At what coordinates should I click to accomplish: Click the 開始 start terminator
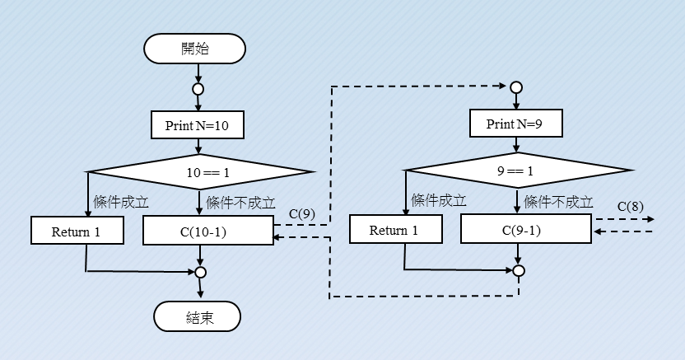[x=195, y=49]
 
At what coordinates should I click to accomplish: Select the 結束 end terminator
[x=197, y=317]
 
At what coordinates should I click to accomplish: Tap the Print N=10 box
[x=198, y=125]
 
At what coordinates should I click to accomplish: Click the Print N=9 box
[x=515, y=125]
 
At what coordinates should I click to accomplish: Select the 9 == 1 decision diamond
[x=519, y=172]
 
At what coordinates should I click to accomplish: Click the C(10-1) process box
[x=207, y=231]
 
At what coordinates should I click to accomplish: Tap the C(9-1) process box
[x=525, y=230]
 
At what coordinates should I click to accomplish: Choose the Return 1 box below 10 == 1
[x=77, y=231]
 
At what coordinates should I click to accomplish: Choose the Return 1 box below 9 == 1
[x=394, y=230]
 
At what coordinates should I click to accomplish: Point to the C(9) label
[x=302, y=214]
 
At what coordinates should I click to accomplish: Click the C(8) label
[x=630, y=206]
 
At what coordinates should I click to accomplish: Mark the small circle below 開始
[x=198, y=89]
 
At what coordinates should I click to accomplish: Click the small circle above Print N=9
[x=516, y=86]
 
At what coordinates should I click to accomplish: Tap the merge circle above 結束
[x=200, y=271]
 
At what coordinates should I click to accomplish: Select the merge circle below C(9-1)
[x=519, y=269]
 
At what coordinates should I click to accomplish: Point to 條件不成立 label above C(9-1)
[x=558, y=200]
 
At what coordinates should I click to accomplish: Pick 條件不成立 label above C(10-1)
[x=240, y=202]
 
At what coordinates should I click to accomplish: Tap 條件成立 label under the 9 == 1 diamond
[x=439, y=200]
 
